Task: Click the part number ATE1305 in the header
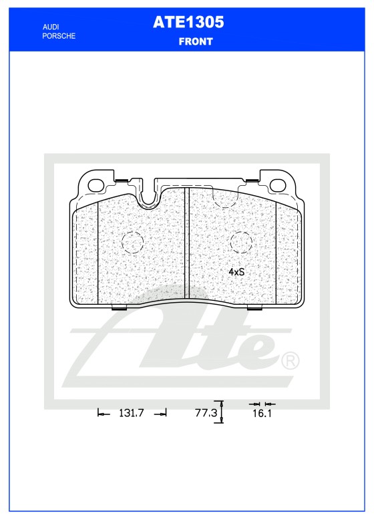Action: (x=188, y=23)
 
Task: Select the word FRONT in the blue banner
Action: (x=196, y=41)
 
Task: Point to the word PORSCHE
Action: (x=58, y=35)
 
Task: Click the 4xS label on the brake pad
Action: (x=236, y=273)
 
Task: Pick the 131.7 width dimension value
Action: (x=132, y=414)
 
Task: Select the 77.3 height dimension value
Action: (x=206, y=414)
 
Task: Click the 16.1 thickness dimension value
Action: (x=261, y=414)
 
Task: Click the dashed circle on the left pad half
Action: (x=132, y=242)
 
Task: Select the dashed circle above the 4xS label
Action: (x=240, y=243)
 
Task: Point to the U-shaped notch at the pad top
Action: (x=150, y=196)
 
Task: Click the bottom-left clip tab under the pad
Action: (x=118, y=309)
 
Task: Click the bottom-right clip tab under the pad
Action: (x=255, y=309)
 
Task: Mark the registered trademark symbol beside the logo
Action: (x=291, y=361)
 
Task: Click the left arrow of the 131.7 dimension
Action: (x=103, y=414)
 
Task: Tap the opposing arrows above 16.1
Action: (x=261, y=404)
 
